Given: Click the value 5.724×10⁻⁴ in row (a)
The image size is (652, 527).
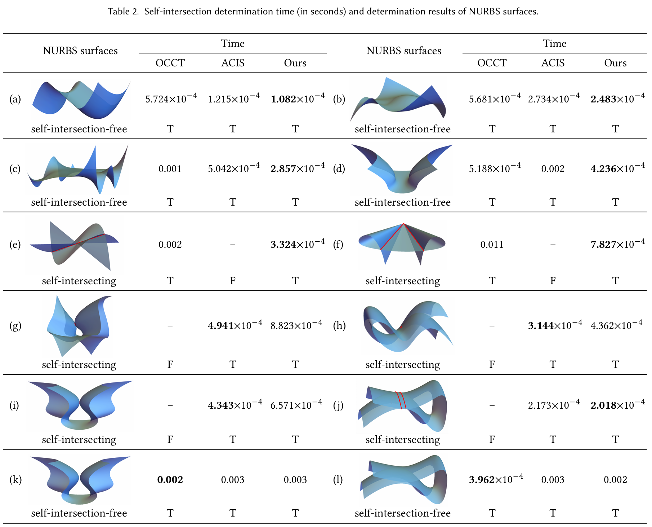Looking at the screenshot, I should coord(171,98).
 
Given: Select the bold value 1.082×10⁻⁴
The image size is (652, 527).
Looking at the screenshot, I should coord(297,98).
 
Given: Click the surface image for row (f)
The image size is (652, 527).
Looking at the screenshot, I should coord(402,244).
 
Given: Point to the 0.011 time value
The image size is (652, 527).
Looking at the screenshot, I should coord(492,245).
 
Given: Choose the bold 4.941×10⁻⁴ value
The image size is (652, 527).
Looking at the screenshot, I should coord(235,325).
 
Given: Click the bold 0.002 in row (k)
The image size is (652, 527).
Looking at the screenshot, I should coord(170,479).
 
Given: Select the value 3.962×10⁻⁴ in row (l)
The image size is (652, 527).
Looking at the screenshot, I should coord(496,479).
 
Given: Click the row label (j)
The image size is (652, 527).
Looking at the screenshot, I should coord(338,405).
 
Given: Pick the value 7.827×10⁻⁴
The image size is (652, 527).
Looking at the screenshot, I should coord(617,244).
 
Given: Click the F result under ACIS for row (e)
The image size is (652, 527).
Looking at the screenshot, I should coord(233,281).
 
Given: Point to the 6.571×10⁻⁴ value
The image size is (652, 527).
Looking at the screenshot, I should coord(296,405).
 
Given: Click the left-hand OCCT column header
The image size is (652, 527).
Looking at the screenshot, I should coord(170,63).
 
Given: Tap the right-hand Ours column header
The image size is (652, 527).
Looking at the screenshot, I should coord(615,63).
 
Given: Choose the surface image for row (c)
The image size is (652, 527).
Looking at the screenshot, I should coord(78,169).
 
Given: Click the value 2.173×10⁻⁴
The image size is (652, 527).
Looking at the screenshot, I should coord(554,405).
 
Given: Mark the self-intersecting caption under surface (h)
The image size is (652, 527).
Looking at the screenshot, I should coord(402,364).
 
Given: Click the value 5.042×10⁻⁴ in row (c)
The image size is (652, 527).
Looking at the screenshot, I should coord(233,168).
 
